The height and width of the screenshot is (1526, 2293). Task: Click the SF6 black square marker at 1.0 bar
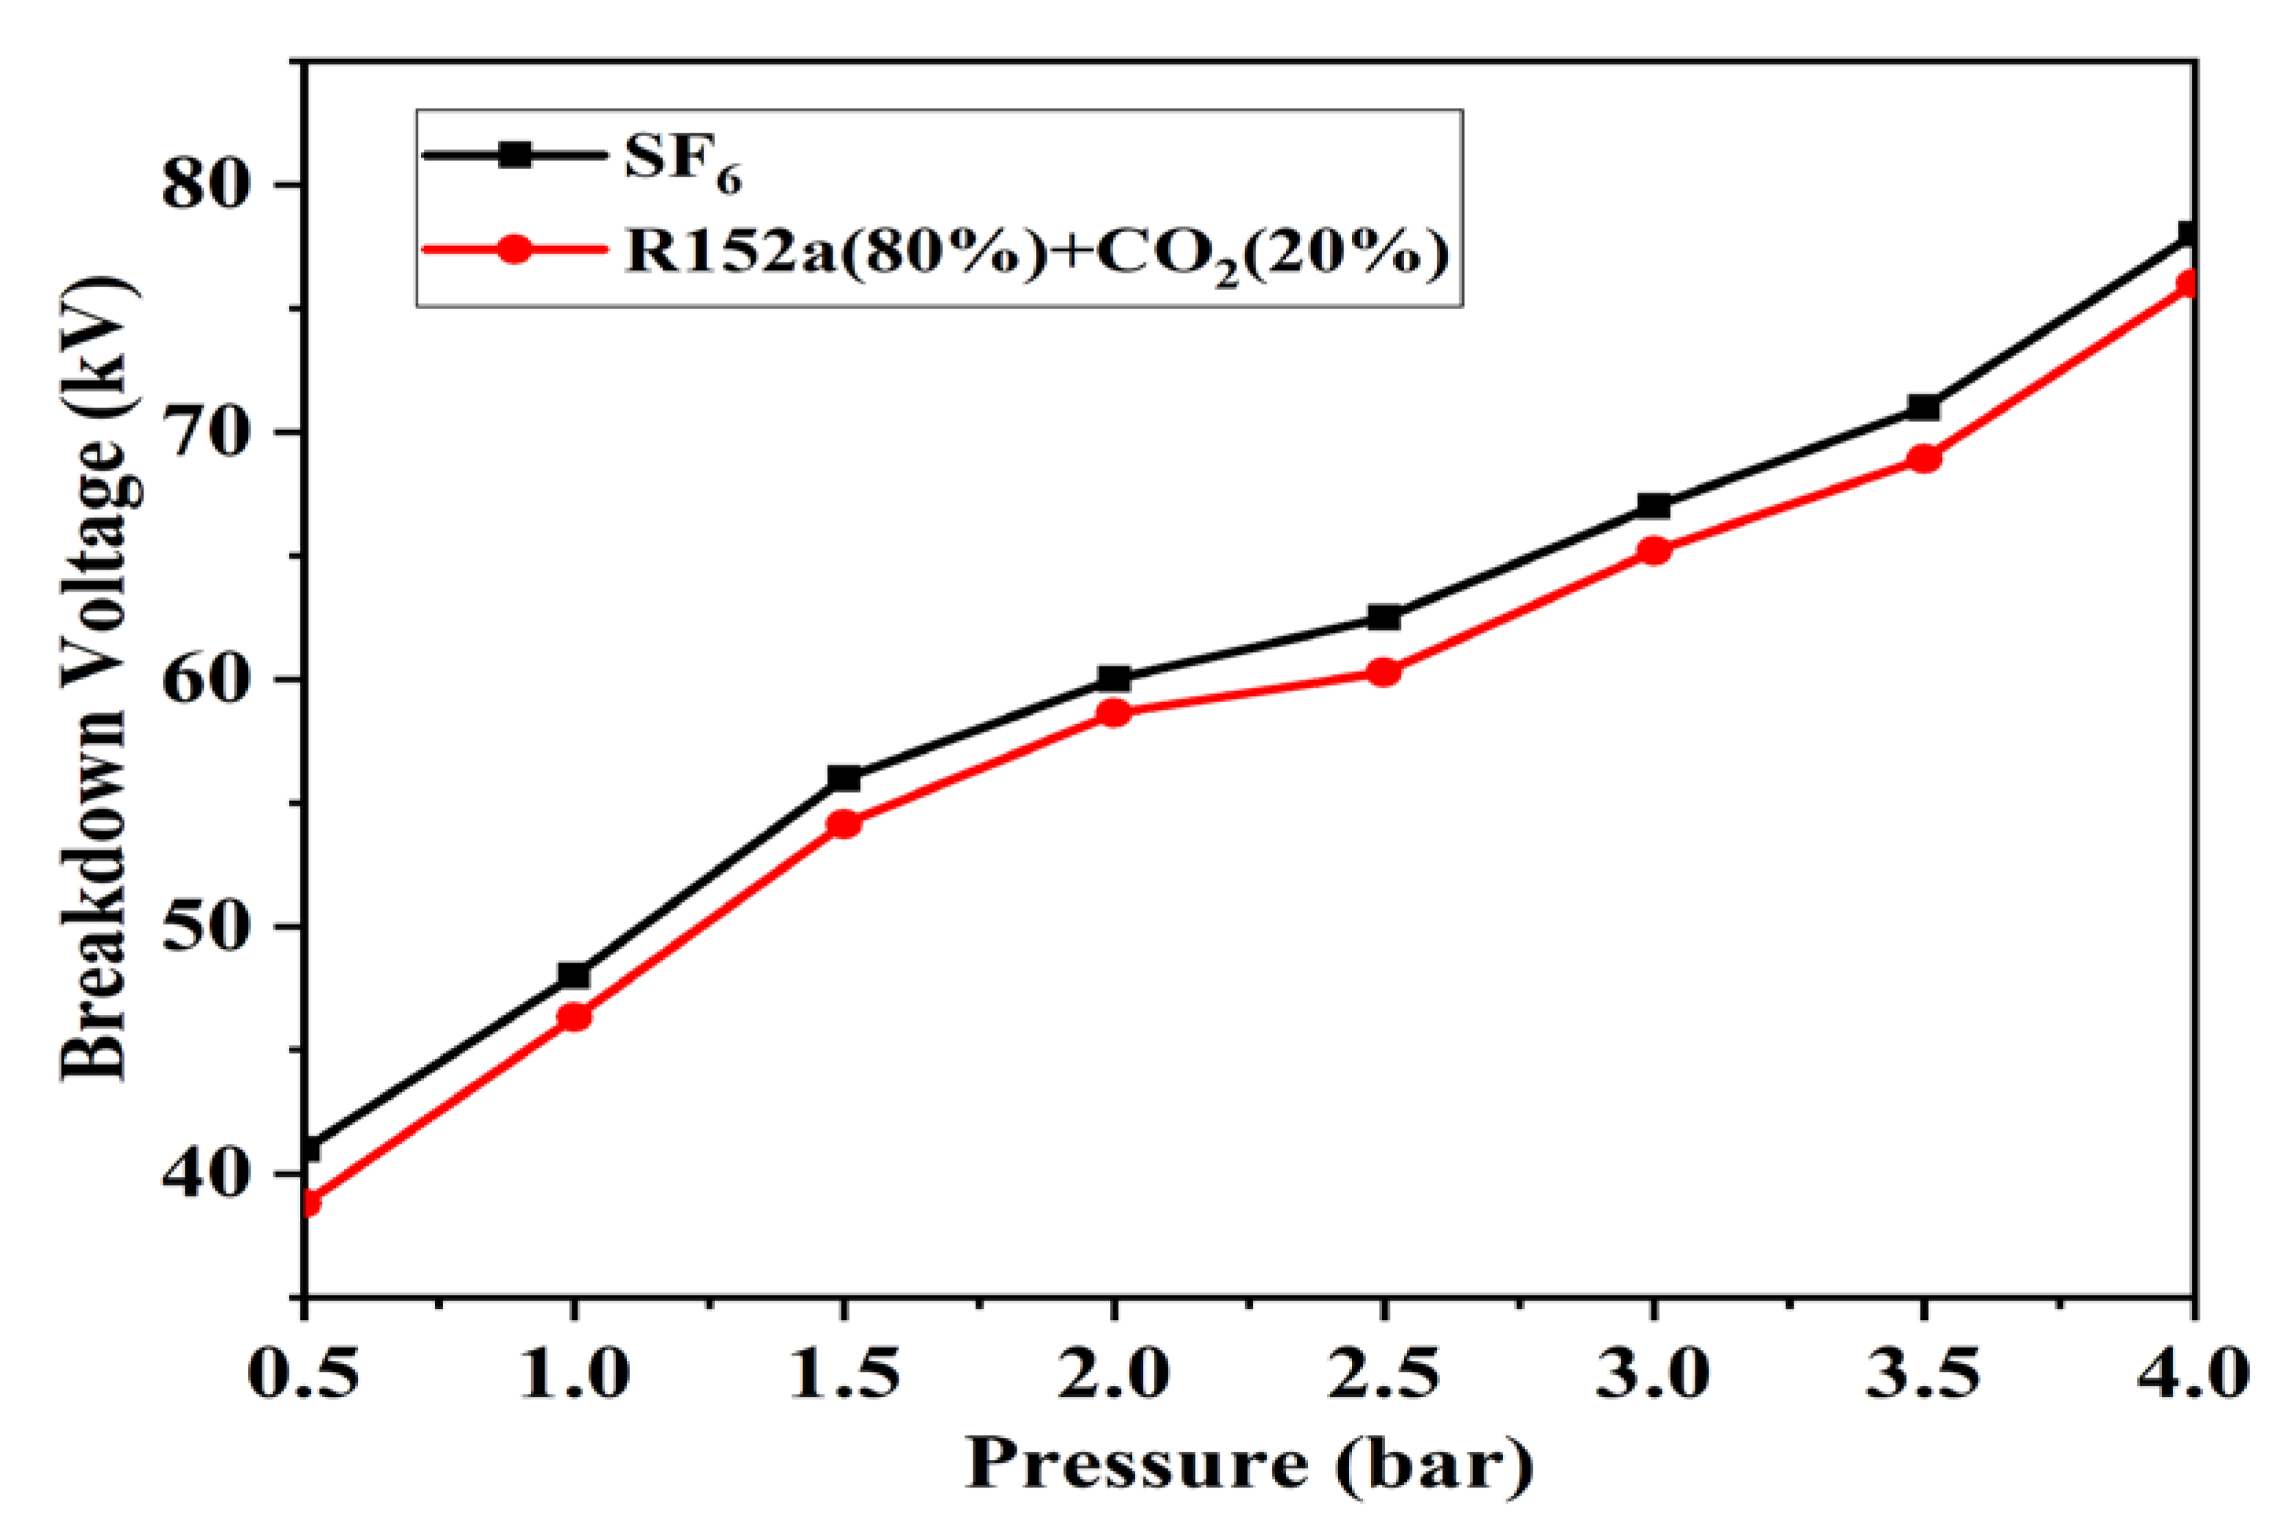pyautogui.click(x=573, y=975)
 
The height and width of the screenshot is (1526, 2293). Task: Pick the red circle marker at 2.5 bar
pyautogui.click(x=1384, y=671)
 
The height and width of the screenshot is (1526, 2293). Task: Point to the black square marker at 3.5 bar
pyautogui.click(x=1923, y=407)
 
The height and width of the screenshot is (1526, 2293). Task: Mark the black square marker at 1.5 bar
pyautogui.click(x=844, y=778)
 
